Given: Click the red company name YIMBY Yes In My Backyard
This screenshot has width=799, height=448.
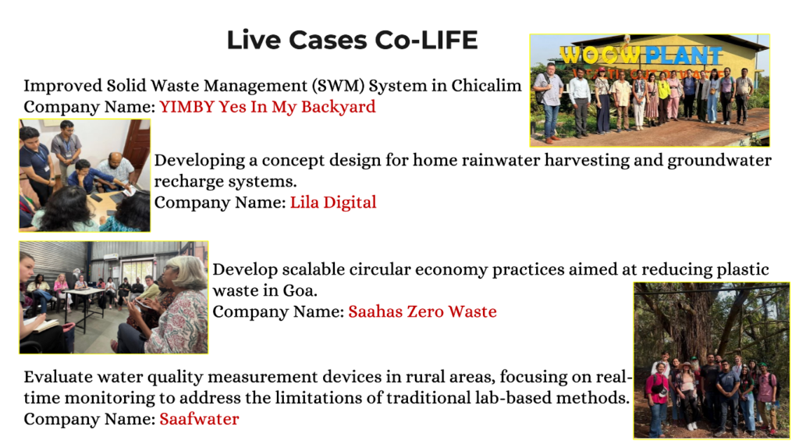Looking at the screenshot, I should [x=268, y=106].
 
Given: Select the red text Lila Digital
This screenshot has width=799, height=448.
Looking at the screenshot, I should [x=333, y=202].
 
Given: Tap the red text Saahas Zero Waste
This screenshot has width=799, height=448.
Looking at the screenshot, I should [x=422, y=311].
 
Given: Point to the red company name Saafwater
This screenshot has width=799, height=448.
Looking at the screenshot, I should [x=199, y=418].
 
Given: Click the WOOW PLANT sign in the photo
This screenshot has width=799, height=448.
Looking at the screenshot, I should [x=641, y=56].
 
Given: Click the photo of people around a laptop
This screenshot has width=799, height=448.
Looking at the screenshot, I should [x=84, y=175].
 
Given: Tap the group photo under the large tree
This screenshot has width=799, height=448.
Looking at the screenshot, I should [x=711, y=360].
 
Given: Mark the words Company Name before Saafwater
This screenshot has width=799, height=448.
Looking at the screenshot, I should [x=89, y=418].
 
